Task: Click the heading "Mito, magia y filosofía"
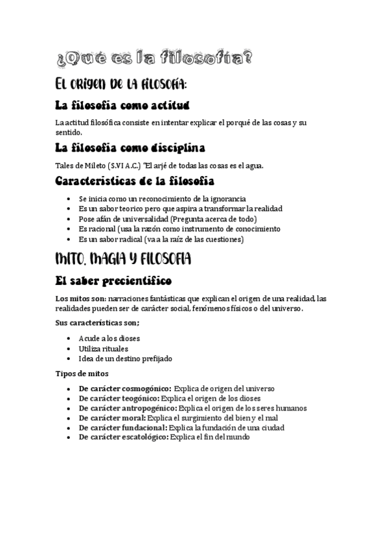[x=123, y=260]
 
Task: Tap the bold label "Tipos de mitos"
[x=82, y=374]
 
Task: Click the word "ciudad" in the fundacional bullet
[x=271, y=427]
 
